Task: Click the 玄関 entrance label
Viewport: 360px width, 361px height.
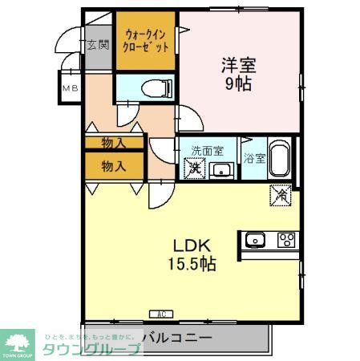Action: tap(99, 46)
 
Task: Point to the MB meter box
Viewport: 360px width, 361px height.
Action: tap(69, 88)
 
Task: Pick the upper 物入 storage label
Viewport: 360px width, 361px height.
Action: tap(114, 143)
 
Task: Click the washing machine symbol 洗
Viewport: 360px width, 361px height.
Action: tap(193, 168)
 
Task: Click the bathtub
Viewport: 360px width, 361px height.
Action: tap(279, 159)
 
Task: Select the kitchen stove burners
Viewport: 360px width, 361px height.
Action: tap(286, 239)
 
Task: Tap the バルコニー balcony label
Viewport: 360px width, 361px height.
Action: tap(178, 337)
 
